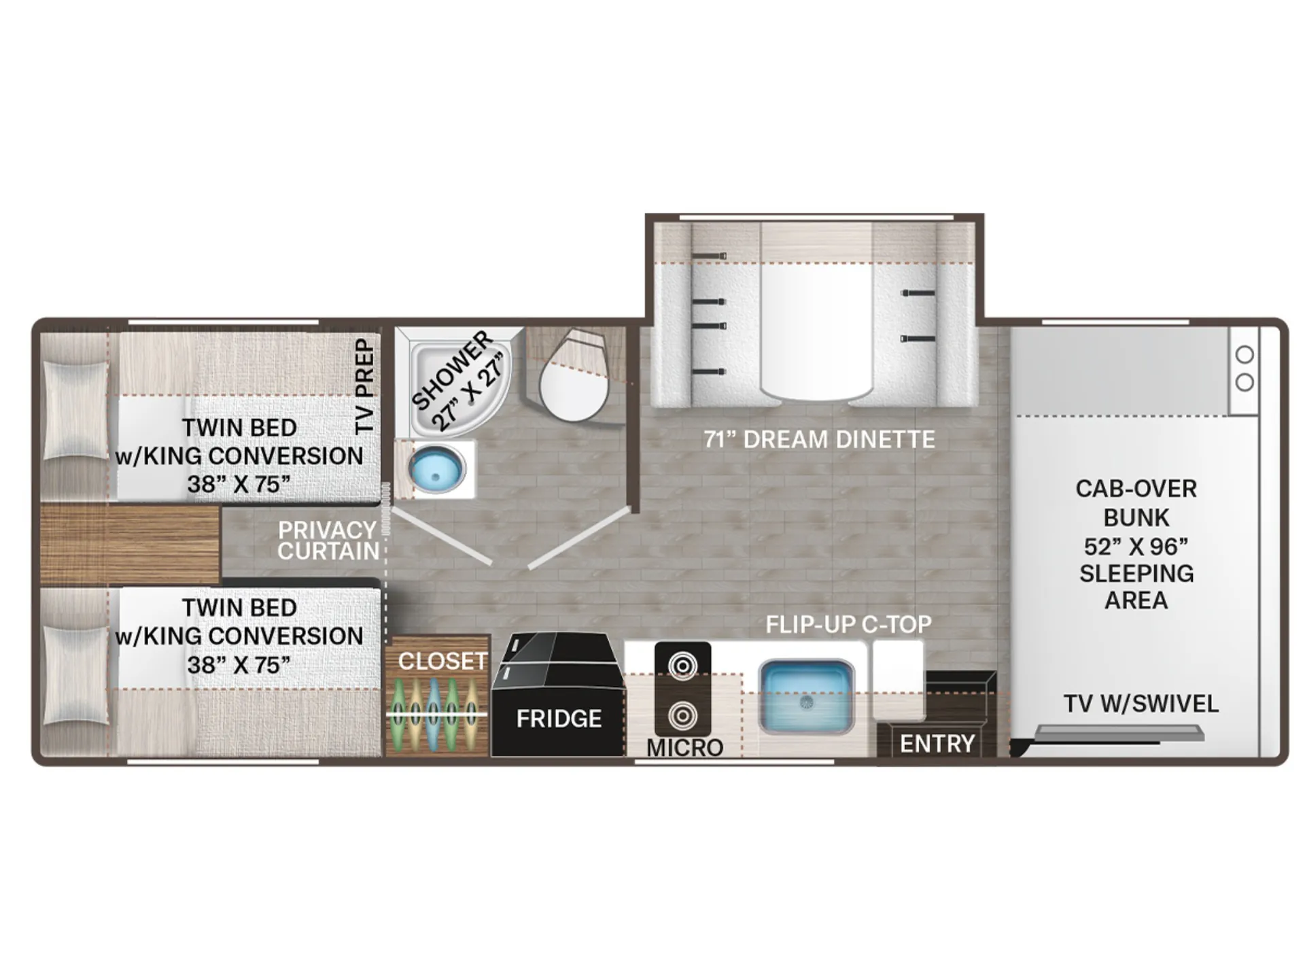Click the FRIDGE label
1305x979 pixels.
tap(559, 719)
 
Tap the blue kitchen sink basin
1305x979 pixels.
tap(806, 696)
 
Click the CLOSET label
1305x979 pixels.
tap(443, 661)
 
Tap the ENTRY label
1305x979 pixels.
tap(937, 744)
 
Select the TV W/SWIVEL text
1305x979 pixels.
tap(1141, 704)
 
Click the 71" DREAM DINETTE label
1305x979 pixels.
tap(819, 440)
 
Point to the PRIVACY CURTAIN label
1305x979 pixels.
tap(328, 540)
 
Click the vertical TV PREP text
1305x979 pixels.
tap(365, 386)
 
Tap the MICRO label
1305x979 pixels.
tap(684, 748)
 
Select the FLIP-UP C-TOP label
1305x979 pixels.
tap(848, 624)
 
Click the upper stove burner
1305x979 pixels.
tap(682, 666)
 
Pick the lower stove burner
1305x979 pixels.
tap(682, 715)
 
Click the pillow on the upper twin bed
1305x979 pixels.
tap(75, 411)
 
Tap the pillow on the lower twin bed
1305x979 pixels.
tap(75, 674)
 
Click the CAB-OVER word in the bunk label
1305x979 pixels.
tap(1136, 489)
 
